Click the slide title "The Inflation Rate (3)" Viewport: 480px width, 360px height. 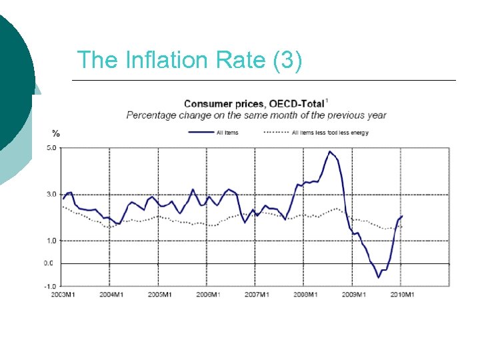coord(190,60)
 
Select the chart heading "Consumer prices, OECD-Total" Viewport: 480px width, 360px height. coord(255,103)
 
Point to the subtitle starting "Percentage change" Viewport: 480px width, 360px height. coord(257,115)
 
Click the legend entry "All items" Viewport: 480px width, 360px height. coord(227,133)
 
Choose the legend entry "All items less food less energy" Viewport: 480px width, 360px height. coord(330,133)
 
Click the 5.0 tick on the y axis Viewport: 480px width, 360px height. coord(51,148)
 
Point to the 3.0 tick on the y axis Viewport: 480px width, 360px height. coord(51,194)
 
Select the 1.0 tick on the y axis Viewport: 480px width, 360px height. coord(51,240)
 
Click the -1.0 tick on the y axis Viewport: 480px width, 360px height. coord(51,286)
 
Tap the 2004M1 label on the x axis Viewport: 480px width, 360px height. coord(111,294)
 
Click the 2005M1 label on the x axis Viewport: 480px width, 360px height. coord(159,294)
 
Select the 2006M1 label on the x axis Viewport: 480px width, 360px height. coord(207,294)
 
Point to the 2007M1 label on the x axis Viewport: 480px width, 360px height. coord(256,294)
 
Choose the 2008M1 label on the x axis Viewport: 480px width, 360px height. coord(305,294)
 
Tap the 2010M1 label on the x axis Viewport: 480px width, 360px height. coord(401,294)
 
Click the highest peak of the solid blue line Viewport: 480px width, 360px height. coord(329,151)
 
